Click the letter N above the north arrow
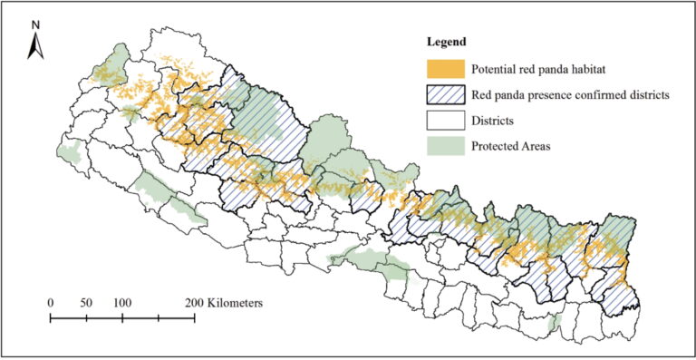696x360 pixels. click(34, 24)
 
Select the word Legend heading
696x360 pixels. click(447, 42)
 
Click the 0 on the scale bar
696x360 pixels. click(50, 302)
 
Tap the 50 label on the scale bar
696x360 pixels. click(86, 302)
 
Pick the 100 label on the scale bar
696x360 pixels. click(122, 302)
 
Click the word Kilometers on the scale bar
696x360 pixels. click(236, 302)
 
